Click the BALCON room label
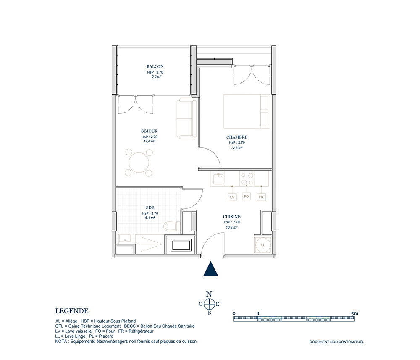[155, 66]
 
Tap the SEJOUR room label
[149, 131]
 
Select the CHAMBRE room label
[237, 137]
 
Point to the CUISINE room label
[232, 217]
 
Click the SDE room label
[150, 208]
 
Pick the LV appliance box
[232, 197]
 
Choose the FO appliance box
[247, 197]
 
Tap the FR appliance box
[261, 197]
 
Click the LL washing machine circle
[263, 245]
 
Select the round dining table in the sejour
[139, 163]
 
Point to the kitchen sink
[218, 179]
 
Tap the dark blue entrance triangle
[210, 269]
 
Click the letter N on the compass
[209, 294]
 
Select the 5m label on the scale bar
[354, 313]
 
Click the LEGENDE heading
[72, 311]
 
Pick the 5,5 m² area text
[156, 76]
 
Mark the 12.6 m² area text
[237, 148]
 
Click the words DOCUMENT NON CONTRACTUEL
[337, 342]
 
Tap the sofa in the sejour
[187, 118]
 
